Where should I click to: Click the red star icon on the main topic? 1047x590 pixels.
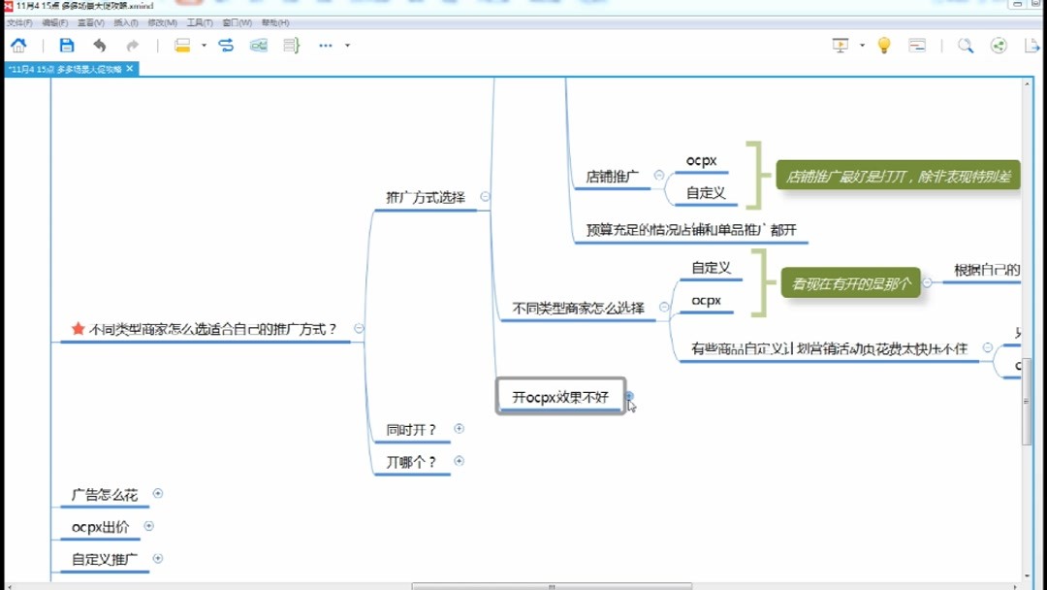coord(78,329)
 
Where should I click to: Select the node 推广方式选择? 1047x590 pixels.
coord(426,197)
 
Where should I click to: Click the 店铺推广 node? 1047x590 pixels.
coord(612,177)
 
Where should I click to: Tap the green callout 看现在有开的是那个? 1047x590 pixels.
coord(850,283)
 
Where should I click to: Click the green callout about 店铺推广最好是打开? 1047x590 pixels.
coord(898,177)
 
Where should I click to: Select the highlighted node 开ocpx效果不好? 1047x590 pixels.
coord(560,396)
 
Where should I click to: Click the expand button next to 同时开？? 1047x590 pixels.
coord(460,428)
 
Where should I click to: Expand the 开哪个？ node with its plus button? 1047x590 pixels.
coord(460,461)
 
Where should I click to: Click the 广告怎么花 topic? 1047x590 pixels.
coord(105,494)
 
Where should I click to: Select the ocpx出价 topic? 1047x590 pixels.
coord(100,527)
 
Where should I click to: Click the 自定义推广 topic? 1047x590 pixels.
coord(105,560)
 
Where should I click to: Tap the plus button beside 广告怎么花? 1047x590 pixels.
coord(158,493)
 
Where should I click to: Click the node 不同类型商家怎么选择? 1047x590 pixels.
coord(578,309)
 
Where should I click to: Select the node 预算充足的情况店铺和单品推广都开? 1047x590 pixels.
coord(691,231)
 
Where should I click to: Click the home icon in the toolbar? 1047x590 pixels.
coord(18,45)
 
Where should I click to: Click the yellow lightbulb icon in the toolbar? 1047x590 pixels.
coord(883,45)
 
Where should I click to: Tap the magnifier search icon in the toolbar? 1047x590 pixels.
coord(966,45)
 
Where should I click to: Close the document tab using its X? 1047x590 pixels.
coord(130,69)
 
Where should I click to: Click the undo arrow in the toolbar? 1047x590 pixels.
coord(99,45)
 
